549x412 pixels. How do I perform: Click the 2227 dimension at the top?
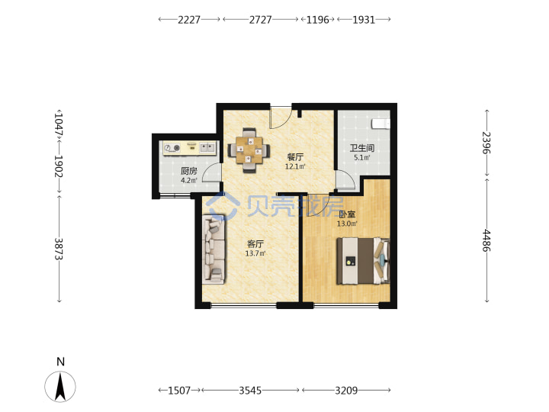coord(189,20)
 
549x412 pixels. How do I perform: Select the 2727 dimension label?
coord(260,20)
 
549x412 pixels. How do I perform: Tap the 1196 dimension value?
coord(317,20)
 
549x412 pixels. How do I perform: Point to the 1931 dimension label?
coord(364,20)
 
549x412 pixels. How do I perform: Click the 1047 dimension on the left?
coord(59,124)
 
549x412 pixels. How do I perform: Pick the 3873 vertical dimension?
coord(59,249)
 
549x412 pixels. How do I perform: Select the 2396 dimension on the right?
coord(486,143)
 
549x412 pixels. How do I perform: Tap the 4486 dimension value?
coord(486,240)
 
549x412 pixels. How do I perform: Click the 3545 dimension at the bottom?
coord(250,391)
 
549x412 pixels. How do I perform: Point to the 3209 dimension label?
coord(346,391)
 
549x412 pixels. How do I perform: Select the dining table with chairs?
coord(249,150)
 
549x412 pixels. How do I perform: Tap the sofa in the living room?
coord(213,249)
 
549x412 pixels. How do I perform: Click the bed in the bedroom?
coord(363,261)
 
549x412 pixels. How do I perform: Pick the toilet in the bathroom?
coord(380,124)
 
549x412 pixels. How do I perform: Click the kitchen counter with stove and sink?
coord(189,148)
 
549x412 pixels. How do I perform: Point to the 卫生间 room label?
coord(361,148)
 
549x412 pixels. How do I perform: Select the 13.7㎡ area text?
coord(255,253)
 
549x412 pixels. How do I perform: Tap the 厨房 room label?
coord(189,172)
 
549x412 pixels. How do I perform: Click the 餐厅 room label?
coord(295,157)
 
